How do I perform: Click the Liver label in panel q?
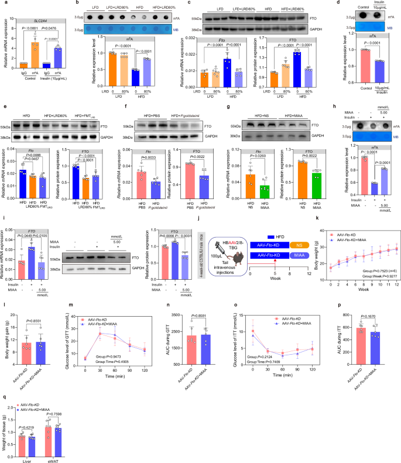26,457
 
